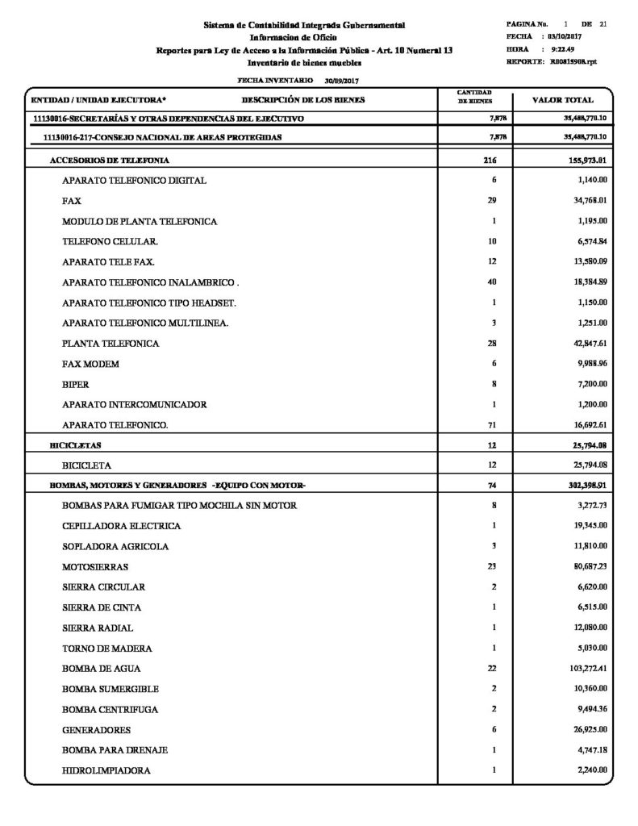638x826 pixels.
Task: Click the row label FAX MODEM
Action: [90, 364]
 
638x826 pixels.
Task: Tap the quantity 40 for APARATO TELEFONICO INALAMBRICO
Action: [492, 282]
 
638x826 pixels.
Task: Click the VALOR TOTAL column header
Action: [564, 101]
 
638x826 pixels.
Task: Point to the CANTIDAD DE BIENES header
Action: [474, 98]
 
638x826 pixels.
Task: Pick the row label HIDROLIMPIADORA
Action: [106, 771]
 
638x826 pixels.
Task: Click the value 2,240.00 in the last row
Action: [591, 770]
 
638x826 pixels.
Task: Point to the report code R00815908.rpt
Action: [574, 61]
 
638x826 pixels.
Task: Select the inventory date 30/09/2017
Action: [341, 81]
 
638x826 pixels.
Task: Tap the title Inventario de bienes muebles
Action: [304, 62]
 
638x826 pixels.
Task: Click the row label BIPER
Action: [75, 384]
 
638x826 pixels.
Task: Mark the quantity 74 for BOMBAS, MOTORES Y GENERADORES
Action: [492, 485]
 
